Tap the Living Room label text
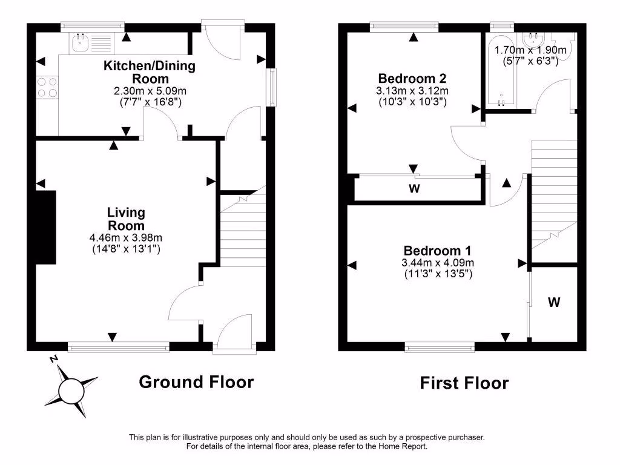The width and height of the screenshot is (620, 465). [x=126, y=219]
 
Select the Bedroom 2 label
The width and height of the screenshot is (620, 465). [x=412, y=78]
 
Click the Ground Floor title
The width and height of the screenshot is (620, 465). [x=196, y=382]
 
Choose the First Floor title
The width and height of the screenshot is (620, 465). [x=464, y=383]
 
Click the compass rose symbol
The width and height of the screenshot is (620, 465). [x=71, y=388]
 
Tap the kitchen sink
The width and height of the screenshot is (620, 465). [x=80, y=42]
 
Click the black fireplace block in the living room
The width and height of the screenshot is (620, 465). [x=45, y=227]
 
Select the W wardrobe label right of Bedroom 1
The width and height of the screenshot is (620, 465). [x=554, y=302]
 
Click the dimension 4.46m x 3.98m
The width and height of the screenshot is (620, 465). [x=126, y=238]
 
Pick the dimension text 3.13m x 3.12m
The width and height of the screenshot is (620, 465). [x=412, y=91]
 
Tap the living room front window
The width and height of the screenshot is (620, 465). [x=119, y=346]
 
